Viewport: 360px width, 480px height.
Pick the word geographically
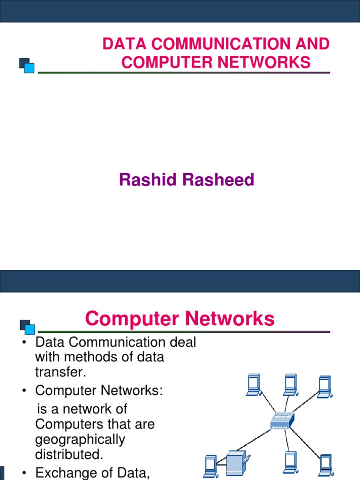[x=80, y=439]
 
